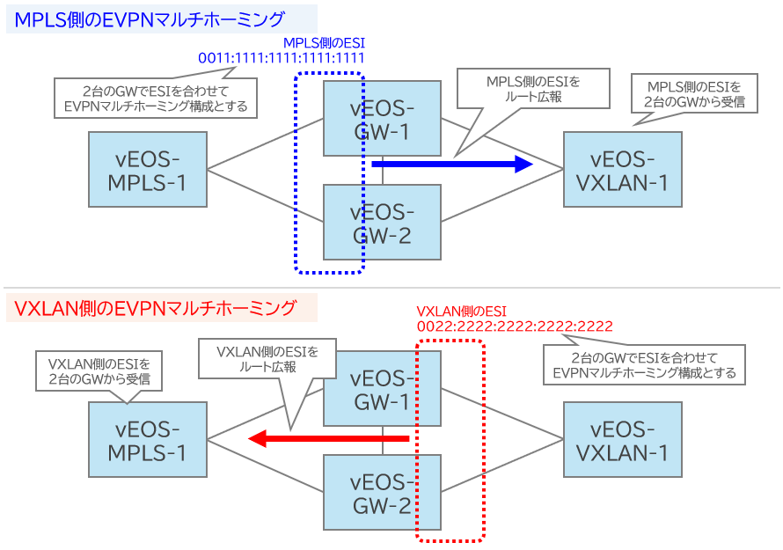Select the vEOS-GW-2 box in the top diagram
[382, 223]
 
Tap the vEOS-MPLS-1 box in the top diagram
[148, 171]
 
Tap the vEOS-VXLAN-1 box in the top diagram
[623, 171]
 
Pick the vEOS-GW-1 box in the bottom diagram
[382, 391]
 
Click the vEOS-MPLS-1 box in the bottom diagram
[148, 441]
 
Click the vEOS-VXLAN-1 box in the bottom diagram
[623, 441]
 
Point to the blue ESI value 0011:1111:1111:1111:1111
[282, 59]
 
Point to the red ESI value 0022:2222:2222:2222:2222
[515, 326]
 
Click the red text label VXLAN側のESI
[462, 311]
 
